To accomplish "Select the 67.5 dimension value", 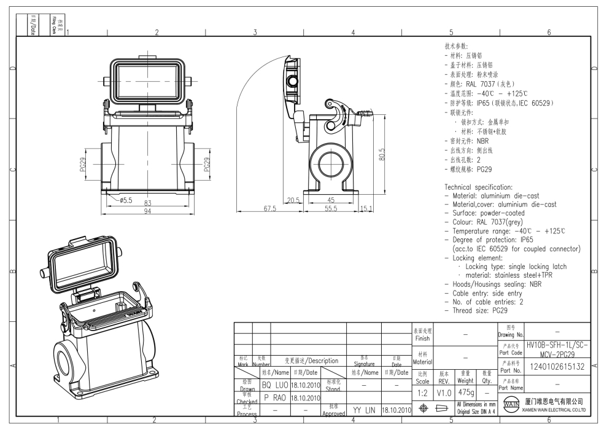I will pyautogui.click(x=269, y=209).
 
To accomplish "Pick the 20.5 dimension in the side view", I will pyautogui.click(x=293, y=200).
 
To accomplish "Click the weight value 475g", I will pyautogui.click(x=466, y=391).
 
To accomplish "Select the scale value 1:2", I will pyautogui.click(x=422, y=391).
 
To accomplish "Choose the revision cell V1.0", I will pyautogui.click(x=444, y=391).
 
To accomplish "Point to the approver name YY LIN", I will pyautogui.click(x=364, y=408).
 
